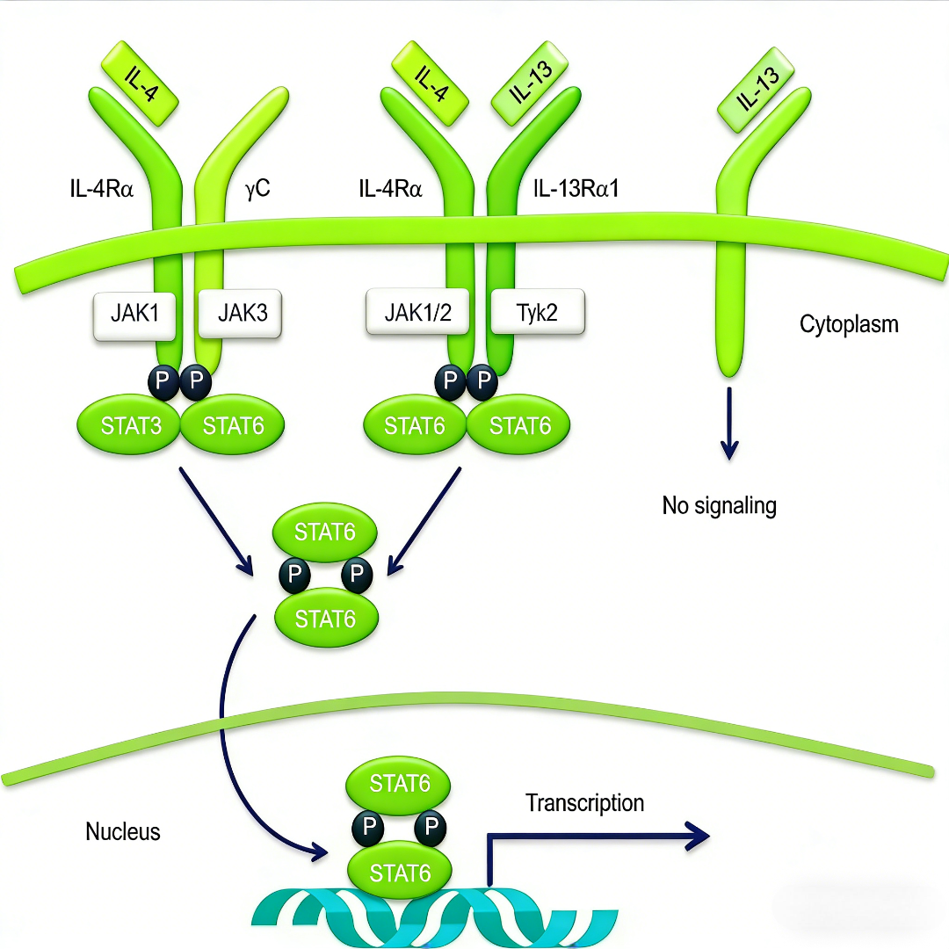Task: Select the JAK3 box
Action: tap(240, 312)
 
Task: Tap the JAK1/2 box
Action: tap(418, 312)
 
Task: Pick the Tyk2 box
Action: tap(537, 312)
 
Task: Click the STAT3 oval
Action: tap(130, 426)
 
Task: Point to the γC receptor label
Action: tap(257, 188)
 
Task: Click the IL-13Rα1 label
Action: tap(575, 188)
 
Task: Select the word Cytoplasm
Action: tap(849, 324)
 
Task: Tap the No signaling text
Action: tap(719, 506)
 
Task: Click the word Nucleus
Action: tap(123, 831)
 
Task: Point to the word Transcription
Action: tap(584, 803)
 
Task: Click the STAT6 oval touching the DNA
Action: tap(400, 873)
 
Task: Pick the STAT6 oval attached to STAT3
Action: tap(233, 426)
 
